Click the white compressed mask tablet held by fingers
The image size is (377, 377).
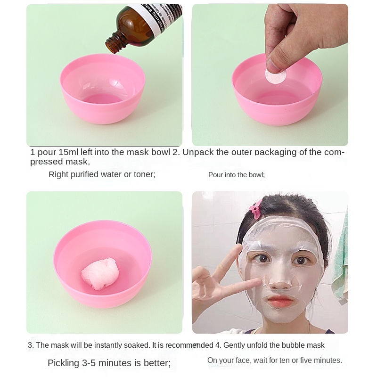[276, 75]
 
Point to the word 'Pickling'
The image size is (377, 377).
[64, 363]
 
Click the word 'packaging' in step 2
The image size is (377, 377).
[276, 152]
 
